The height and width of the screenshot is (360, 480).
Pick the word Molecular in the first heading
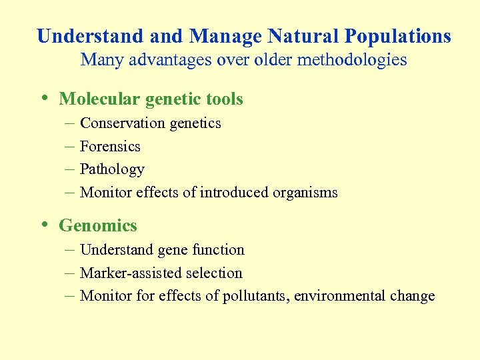point(99,99)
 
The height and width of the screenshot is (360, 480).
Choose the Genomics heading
point(98,226)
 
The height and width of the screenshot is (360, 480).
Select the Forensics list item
point(110,147)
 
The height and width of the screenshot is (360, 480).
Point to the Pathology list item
point(112,170)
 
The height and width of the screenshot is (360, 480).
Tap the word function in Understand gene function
point(219,250)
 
